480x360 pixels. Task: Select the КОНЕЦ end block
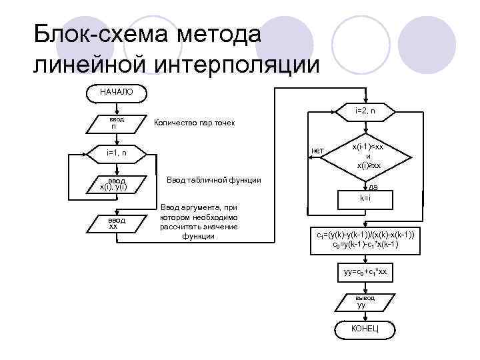point(365,329)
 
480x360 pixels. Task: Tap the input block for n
point(113,123)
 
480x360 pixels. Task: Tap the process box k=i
point(365,199)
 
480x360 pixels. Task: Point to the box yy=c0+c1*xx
point(365,273)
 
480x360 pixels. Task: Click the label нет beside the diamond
point(317,151)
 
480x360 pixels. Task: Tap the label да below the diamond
point(373,188)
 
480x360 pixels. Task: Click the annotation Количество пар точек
point(194,123)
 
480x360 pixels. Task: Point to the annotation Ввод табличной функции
point(213,180)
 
